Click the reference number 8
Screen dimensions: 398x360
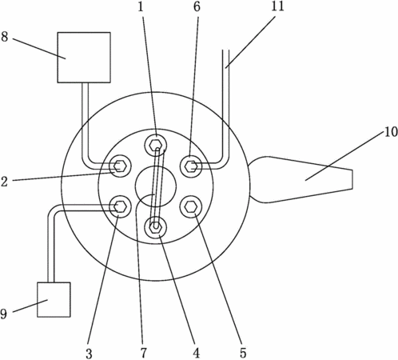click(x=5, y=37)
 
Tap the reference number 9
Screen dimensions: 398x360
click(x=3, y=314)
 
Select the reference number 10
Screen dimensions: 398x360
click(x=391, y=132)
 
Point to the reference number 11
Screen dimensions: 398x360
click(x=277, y=6)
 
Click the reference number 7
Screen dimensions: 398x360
click(x=144, y=354)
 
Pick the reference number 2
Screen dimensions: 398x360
click(x=4, y=182)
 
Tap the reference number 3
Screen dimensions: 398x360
click(x=89, y=354)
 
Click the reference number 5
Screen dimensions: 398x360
click(x=243, y=354)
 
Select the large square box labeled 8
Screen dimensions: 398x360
click(x=84, y=58)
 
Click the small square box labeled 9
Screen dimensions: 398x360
click(x=54, y=299)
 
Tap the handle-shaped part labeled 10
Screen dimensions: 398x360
click(x=300, y=179)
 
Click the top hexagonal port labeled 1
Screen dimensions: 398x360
click(x=156, y=146)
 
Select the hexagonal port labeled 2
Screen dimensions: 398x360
click(x=120, y=166)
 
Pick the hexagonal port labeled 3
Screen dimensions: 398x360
click(x=120, y=206)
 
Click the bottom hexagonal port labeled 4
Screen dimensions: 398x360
click(x=156, y=227)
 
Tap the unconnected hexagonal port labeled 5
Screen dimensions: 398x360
click(x=191, y=206)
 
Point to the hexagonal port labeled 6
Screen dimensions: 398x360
click(x=191, y=166)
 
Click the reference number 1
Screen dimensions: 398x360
click(x=141, y=6)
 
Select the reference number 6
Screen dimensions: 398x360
click(x=197, y=6)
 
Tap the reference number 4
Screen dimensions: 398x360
click(x=197, y=354)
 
